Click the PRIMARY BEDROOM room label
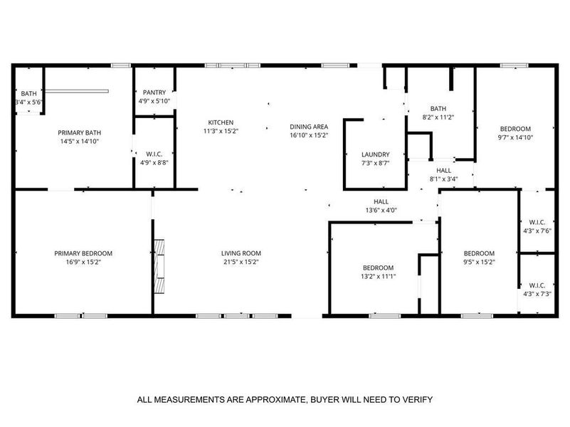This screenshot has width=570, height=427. (83, 253)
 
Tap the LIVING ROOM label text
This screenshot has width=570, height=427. (241, 253)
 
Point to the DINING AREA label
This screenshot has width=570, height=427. (308, 127)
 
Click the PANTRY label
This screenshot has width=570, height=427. (154, 93)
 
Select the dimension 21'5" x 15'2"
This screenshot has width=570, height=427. (241, 262)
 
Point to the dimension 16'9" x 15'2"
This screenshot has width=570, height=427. (83, 262)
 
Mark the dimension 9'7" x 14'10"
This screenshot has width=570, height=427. (516, 137)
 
